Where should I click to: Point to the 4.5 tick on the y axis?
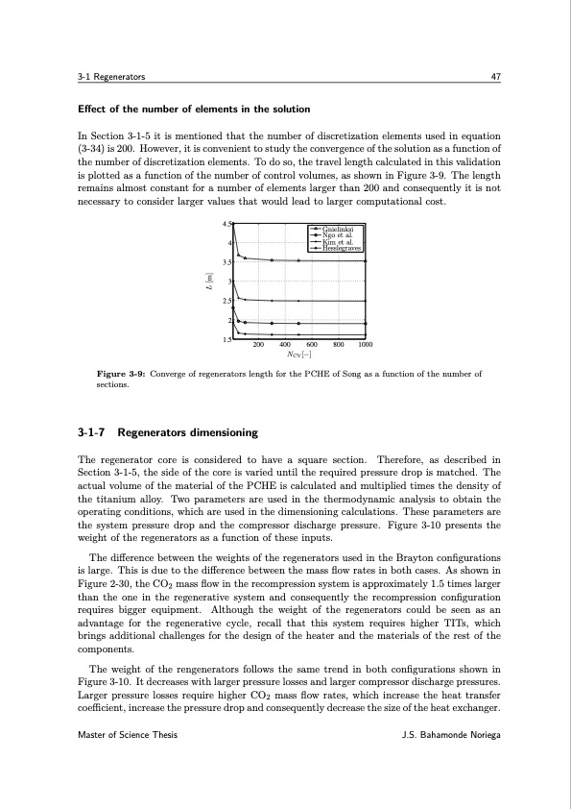[227, 224]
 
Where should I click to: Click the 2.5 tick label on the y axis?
[227, 302]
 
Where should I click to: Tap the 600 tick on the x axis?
[312, 344]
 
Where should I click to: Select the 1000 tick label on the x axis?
[365, 344]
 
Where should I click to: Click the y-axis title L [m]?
[205, 282]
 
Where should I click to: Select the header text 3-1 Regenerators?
[111, 76]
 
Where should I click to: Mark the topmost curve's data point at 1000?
[365, 261]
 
